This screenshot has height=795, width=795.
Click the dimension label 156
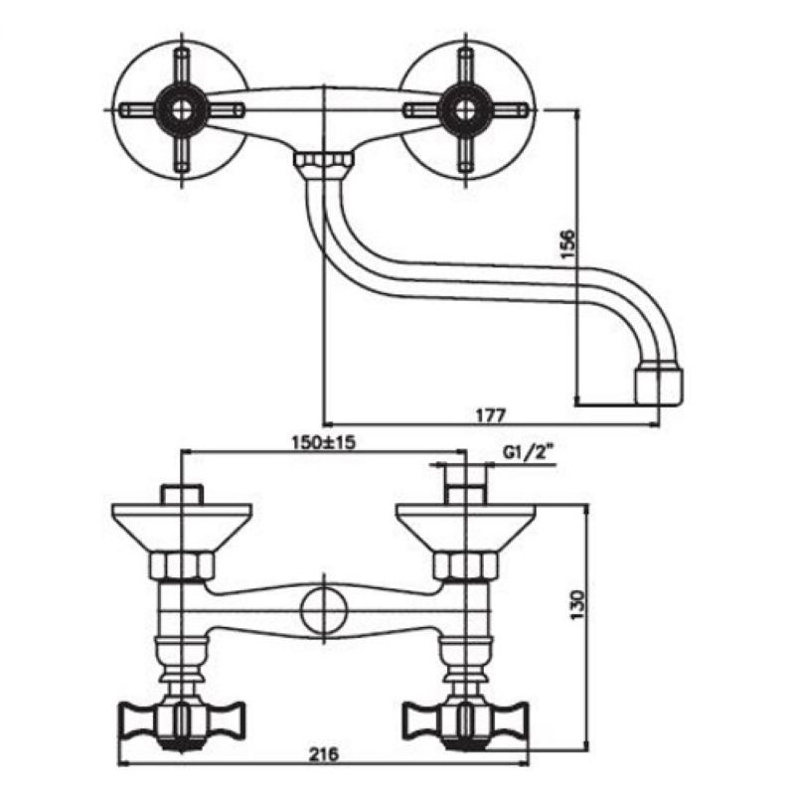click(568, 244)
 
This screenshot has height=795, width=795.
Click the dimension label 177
click(490, 415)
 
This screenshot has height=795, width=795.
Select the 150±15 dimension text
click(324, 442)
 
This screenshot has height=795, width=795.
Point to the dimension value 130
click(578, 604)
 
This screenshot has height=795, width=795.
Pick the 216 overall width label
click(324, 754)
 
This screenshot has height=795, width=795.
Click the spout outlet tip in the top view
click(659, 387)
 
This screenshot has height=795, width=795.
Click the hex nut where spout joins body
click(324, 160)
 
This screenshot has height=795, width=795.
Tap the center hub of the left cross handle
click(182, 110)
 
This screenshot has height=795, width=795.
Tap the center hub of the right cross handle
click(464, 110)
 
